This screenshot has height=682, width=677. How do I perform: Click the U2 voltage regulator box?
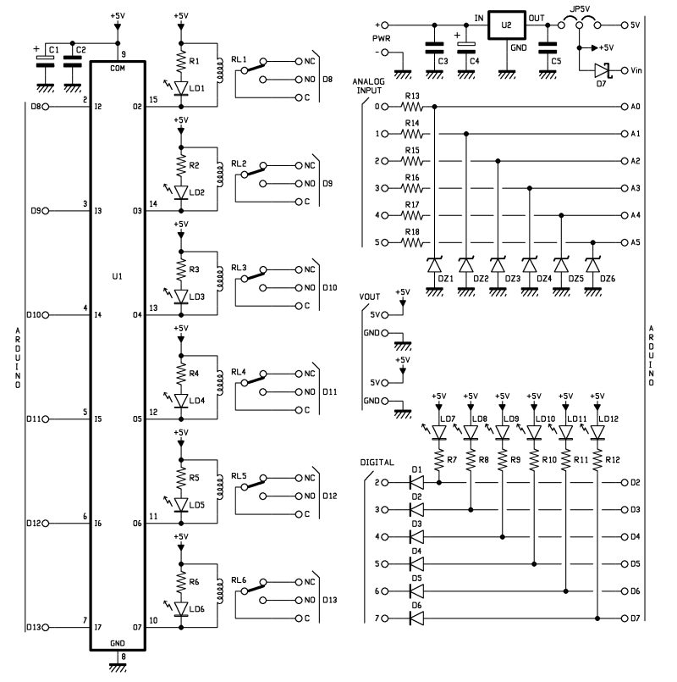pyautogui.click(x=506, y=25)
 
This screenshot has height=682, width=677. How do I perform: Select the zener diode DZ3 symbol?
pyautogui.click(x=498, y=265)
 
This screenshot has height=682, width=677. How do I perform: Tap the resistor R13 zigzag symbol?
pyautogui.click(x=411, y=107)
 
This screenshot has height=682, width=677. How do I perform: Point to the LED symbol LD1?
pyautogui.click(x=181, y=88)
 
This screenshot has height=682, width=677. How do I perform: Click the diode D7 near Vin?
pyautogui.click(x=603, y=70)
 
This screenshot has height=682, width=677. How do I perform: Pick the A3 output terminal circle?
pyautogui.click(x=624, y=188)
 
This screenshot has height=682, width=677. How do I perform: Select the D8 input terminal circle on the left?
pyautogui.click(x=45, y=107)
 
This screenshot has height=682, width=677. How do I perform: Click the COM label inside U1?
pyautogui.click(x=118, y=69)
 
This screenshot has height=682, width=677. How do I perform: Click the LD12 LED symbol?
pyautogui.click(x=597, y=432)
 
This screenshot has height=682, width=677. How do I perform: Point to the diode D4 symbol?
pyautogui.click(x=416, y=564)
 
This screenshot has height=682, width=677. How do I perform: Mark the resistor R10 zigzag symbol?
pyautogui.click(x=534, y=459)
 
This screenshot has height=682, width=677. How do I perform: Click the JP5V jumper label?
pyautogui.click(x=580, y=8)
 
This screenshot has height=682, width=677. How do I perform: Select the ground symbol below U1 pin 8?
pyautogui.click(x=118, y=667)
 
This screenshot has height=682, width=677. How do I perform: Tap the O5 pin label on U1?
pyautogui.click(x=137, y=419)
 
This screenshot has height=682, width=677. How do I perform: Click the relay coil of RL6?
pyautogui.click(x=220, y=591)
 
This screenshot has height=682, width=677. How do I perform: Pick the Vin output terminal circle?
pyautogui.click(x=624, y=70)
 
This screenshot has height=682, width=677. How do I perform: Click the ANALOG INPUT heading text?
pyautogui.click(x=368, y=86)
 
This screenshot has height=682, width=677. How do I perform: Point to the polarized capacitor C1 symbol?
pyautogui.click(x=45, y=62)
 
